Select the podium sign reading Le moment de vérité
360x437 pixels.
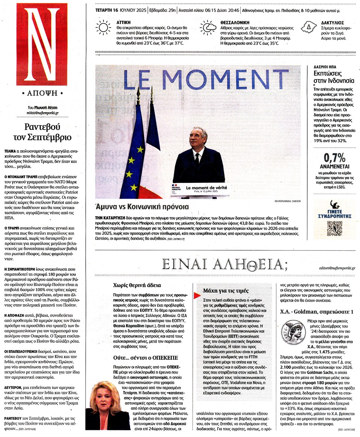point(206,188)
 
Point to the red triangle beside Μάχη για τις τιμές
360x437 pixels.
point(196,296)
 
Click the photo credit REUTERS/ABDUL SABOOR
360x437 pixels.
point(287,201)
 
